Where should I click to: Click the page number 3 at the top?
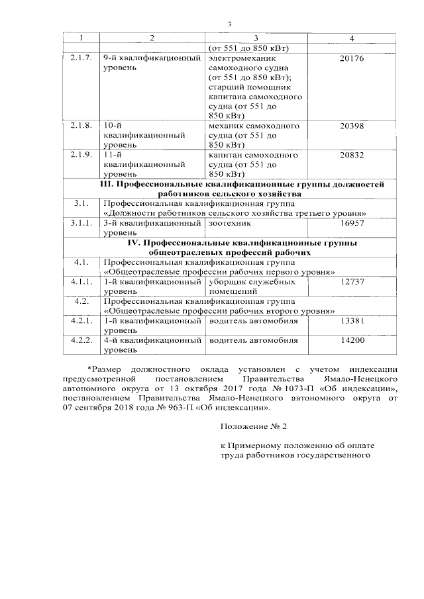click(x=229, y=24)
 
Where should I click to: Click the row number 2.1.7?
click(x=81, y=58)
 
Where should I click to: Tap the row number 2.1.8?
click(x=81, y=125)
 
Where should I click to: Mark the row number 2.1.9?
click(x=81, y=155)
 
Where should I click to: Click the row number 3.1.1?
click(x=81, y=224)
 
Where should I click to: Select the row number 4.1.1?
click(x=81, y=281)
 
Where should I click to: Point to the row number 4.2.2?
click(x=81, y=340)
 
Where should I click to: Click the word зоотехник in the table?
click(x=230, y=224)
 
